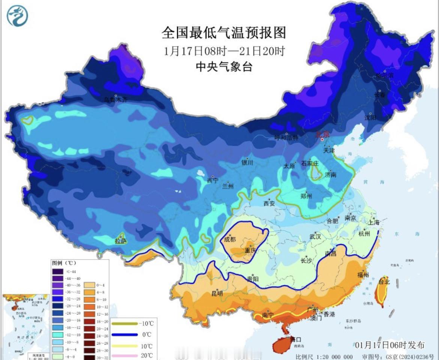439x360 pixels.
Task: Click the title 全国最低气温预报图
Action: pos(224,33)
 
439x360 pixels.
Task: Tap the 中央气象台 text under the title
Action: pos(224,67)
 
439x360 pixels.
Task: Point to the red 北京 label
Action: pos(322,134)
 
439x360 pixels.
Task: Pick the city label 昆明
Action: pos(217,293)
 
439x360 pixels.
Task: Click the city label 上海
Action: pos(374,222)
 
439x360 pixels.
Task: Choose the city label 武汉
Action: pos(315,237)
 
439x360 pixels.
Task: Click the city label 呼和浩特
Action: pos(286,138)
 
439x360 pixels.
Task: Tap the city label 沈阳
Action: pos(370,117)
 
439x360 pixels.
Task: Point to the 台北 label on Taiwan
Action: pos(384,282)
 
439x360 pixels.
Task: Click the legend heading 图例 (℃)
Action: pos(64,263)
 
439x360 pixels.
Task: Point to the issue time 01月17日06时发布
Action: pos(389,345)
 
